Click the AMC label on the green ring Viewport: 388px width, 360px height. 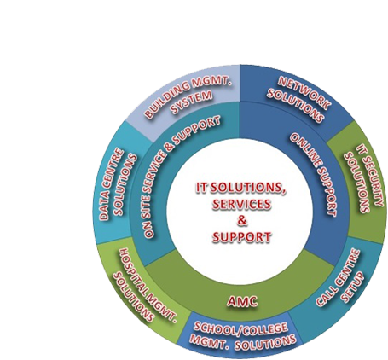[242, 301]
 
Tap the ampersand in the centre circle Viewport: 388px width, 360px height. [241, 220]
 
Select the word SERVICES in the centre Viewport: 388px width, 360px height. [241, 204]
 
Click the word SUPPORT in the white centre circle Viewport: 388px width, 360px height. [241, 236]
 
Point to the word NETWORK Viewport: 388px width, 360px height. [304, 93]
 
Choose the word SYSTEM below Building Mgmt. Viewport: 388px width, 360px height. [192, 102]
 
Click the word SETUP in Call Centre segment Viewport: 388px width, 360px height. [352, 287]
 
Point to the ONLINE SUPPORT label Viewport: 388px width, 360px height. [313, 174]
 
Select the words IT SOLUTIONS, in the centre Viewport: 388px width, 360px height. [241, 188]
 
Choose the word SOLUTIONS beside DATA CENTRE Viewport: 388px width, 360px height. [126, 184]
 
